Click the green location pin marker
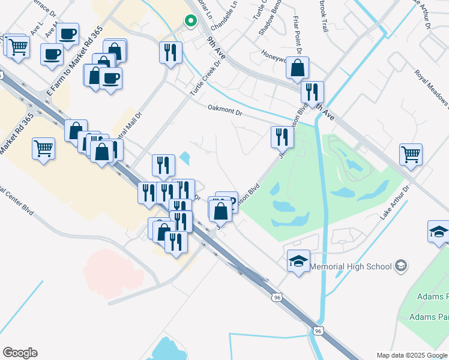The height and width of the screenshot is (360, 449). [x=191, y=22]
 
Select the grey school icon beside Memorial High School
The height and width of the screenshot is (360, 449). [x=401, y=266]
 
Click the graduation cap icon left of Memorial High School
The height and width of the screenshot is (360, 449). [x=298, y=261]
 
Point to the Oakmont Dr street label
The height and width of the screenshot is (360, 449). [x=224, y=110]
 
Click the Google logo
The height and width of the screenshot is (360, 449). [x=20, y=353]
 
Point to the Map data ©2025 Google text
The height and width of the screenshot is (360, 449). [x=412, y=355]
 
